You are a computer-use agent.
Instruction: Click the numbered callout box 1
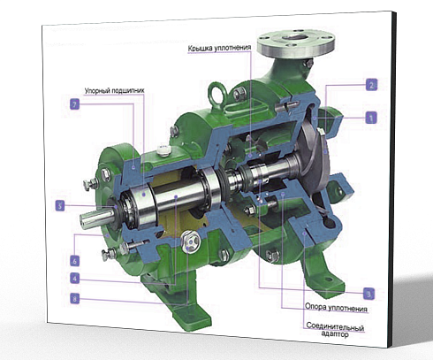click(x=371, y=118)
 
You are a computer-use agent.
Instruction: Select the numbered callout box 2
click(x=371, y=85)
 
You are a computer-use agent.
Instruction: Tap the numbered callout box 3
click(x=368, y=294)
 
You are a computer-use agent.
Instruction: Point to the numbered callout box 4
click(x=75, y=278)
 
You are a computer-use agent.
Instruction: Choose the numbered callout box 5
click(x=60, y=205)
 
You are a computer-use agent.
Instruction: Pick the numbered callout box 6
click(x=75, y=261)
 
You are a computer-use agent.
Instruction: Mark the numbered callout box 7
click(x=75, y=104)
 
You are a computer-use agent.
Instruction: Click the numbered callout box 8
click(x=75, y=299)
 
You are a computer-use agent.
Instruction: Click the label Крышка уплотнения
click(x=219, y=48)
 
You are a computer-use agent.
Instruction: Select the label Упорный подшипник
click(x=114, y=90)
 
